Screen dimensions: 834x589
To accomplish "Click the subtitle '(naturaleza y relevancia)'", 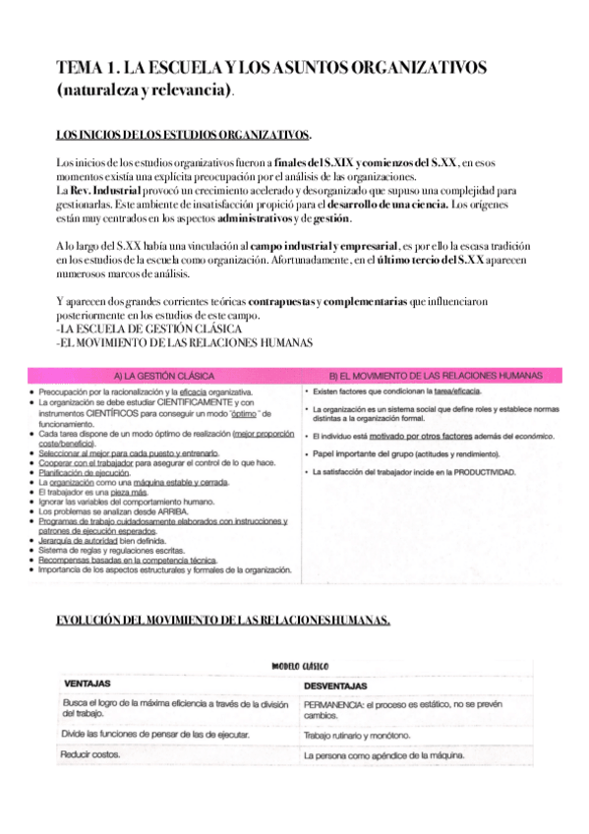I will click(146, 91).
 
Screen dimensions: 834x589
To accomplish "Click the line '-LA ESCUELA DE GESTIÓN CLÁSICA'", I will click(138, 328).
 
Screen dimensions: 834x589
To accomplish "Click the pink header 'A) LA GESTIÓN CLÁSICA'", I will click(165, 375).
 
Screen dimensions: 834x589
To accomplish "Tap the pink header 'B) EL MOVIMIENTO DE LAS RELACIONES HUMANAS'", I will click(435, 375).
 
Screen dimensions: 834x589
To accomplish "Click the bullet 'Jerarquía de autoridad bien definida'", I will click(108, 540).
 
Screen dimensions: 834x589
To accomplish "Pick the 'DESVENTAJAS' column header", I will click(335, 685).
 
